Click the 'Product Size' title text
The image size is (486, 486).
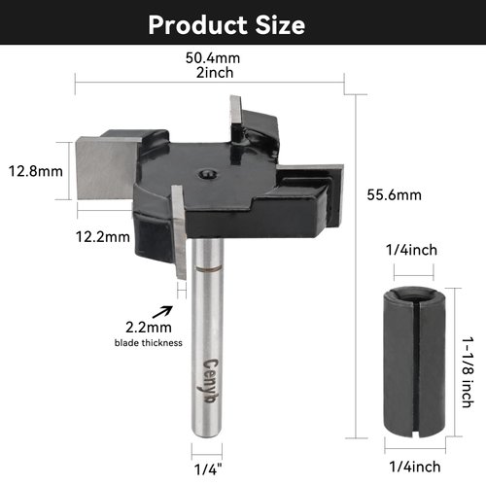pos(226,24)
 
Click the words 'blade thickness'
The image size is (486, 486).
pos(141,343)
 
